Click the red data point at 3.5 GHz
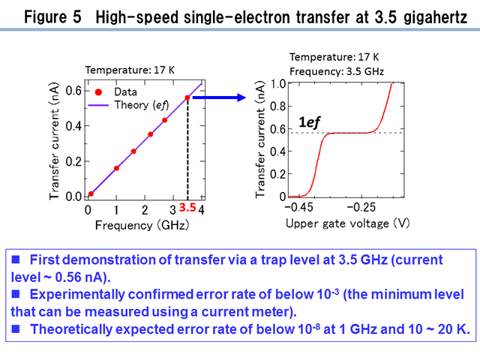point(187,97)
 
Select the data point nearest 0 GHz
point(91,193)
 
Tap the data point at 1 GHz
point(116,168)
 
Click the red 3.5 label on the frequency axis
point(187,208)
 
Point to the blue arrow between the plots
point(219,97)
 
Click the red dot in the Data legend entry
point(98,92)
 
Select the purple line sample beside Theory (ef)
point(98,105)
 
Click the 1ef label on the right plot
point(309,122)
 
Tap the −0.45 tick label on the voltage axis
point(298,207)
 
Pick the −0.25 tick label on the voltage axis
point(361,207)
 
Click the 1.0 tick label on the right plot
point(278,83)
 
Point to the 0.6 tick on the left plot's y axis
point(73,91)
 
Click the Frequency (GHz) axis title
point(142,225)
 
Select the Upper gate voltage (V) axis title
point(347,223)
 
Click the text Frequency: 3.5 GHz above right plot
point(337,72)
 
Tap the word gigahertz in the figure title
point(435,17)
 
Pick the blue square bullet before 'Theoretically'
point(16,328)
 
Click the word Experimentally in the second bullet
point(77,295)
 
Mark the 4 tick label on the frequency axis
point(202,210)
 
